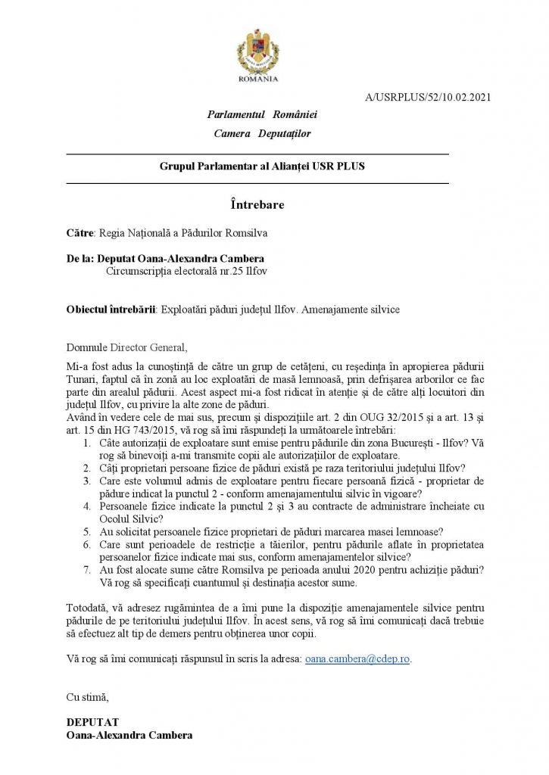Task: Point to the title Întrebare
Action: [257, 204]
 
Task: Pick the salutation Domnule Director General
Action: [125, 347]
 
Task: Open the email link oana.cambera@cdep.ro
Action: [357, 659]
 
